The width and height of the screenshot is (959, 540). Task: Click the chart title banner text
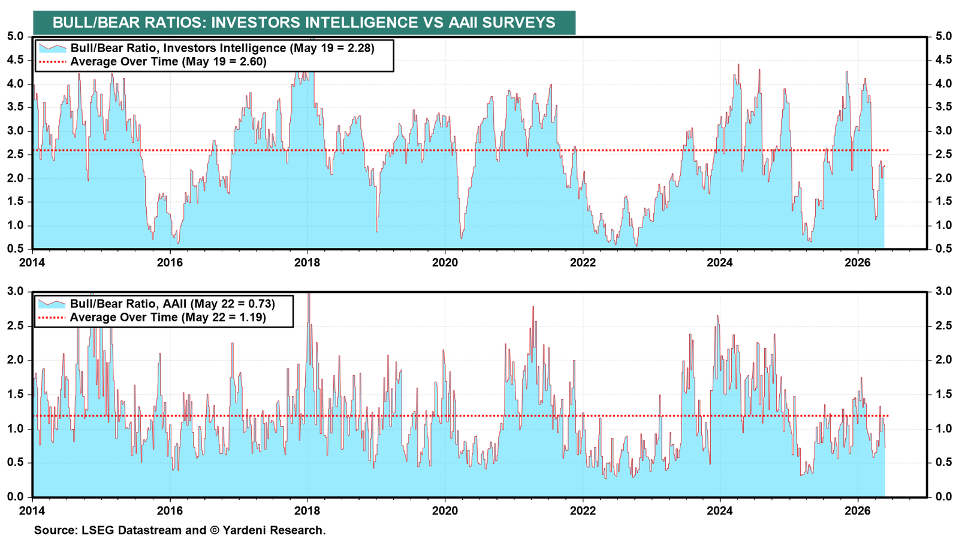point(304,22)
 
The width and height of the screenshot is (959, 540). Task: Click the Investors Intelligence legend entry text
point(222,48)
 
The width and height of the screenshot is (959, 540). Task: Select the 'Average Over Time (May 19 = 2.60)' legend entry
point(168,62)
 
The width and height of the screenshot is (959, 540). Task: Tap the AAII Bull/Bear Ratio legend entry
point(172,304)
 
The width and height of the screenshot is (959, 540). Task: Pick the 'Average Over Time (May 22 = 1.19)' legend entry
point(168,317)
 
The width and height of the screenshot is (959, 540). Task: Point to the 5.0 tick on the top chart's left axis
point(16,37)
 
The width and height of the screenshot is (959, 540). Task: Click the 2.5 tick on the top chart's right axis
point(943,155)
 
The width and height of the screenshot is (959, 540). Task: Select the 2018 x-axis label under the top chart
point(307,262)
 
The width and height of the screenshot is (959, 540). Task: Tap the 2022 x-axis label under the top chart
point(582,262)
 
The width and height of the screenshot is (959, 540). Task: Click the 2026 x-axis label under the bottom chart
point(858,511)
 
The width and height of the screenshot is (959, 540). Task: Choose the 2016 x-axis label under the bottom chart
point(170,511)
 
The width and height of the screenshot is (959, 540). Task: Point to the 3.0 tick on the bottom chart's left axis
point(16,292)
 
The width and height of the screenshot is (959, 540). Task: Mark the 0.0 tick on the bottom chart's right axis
point(943,497)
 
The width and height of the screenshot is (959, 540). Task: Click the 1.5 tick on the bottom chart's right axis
point(943,394)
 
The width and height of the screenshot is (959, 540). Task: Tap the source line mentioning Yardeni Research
point(180,530)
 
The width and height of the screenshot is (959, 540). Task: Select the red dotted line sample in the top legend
point(52,62)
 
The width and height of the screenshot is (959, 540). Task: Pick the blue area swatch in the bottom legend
point(52,304)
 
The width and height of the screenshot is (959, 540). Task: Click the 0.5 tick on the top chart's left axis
point(16,249)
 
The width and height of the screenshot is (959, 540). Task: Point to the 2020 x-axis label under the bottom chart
point(445,511)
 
